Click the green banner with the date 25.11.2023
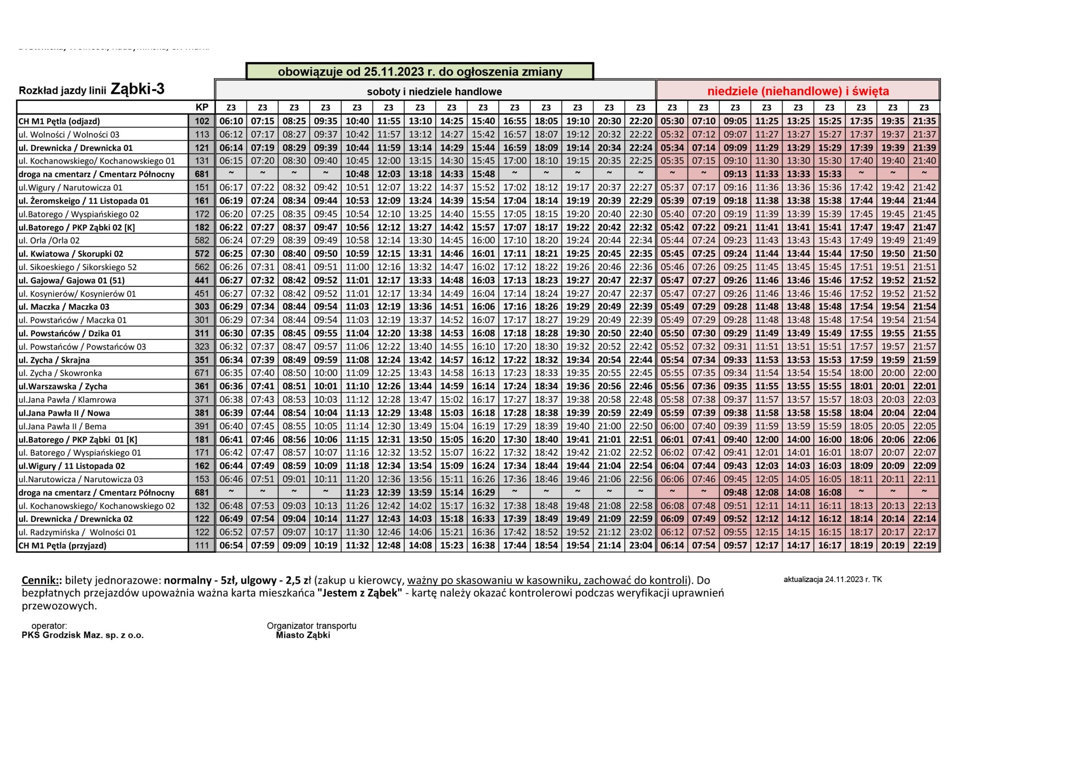420,72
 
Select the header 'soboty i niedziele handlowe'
434,91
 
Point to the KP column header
202,107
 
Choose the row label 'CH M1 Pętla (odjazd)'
59,121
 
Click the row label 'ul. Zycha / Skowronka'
60,373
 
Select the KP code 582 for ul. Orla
202,241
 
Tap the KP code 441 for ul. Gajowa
202,280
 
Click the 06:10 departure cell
231,121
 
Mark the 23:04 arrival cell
640,546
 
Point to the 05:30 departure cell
672,121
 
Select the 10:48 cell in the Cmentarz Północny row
357,174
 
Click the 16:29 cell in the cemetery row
483,492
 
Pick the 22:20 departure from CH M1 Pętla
640,121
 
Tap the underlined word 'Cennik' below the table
41,580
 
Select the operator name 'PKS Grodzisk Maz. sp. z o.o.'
82,635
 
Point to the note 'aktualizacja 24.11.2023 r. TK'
833,580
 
